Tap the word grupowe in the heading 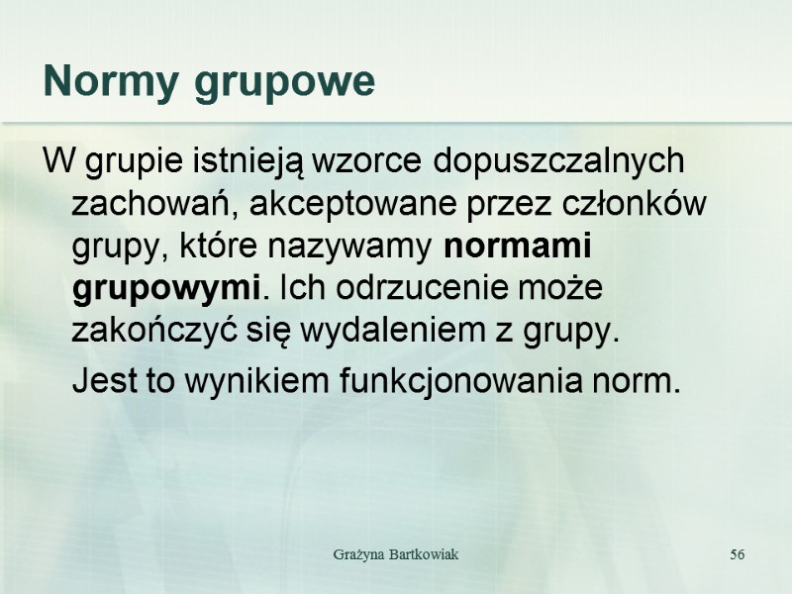[x=285, y=83]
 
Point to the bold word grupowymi [x=165, y=289]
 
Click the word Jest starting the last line [x=105, y=379]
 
